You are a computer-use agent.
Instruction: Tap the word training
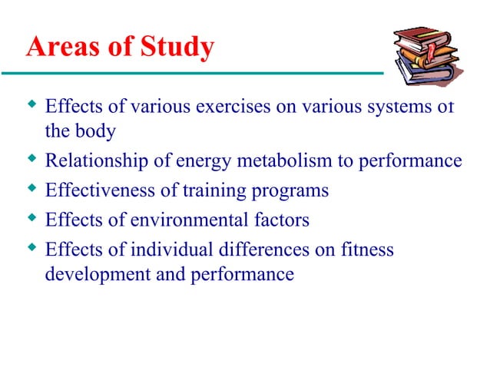tap(204, 190)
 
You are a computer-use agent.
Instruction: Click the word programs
tap(286, 190)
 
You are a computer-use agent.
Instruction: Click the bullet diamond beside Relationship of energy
tap(31, 160)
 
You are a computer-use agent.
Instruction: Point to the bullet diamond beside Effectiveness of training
tap(31, 190)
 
